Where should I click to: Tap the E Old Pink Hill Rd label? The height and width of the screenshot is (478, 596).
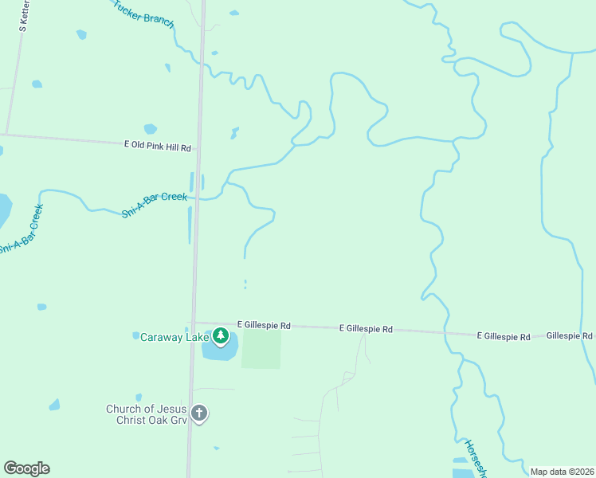(159, 147)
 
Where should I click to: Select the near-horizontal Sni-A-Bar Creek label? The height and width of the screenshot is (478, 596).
(155, 206)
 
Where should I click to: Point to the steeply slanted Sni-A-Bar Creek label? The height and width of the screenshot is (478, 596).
(21, 230)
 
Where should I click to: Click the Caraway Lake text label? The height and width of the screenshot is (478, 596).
(174, 337)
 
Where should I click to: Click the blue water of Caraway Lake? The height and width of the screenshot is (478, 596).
(222, 351)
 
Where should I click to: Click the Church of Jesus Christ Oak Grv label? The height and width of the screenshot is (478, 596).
(148, 415)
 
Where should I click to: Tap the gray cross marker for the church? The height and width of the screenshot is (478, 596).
(199, 413)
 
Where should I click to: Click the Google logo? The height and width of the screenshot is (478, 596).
(26, 468)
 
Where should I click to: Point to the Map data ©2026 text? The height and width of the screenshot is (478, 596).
(563, 472)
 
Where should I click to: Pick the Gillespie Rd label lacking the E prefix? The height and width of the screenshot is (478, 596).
(570, 336)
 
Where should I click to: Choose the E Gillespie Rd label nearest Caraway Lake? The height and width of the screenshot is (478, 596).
(264, 326)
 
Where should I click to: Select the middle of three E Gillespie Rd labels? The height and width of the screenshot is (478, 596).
(366, 328)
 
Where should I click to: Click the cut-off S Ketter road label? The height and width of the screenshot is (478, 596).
(24, 16)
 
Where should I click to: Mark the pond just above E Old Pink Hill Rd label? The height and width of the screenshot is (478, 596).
(150, 129)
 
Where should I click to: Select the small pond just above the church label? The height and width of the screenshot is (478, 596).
(139, 397)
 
